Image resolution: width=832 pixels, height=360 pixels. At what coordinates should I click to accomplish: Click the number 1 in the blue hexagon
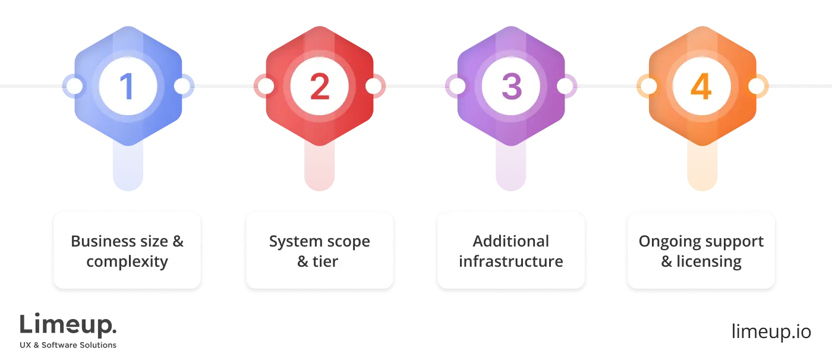[127, 87]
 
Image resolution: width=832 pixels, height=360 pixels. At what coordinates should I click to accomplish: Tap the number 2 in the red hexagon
[319, 87]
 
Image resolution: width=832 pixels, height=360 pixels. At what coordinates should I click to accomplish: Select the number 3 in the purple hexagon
[511, 87]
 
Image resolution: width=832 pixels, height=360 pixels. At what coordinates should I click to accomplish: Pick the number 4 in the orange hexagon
[701, 87]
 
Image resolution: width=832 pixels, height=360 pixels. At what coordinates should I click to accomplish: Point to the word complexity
[127, 261]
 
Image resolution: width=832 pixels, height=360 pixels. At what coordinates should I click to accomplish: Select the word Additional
[511, 241]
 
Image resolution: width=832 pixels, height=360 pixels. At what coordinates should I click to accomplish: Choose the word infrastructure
[511, 261]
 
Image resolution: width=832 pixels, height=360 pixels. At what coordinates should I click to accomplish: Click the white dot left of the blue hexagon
[74, 87]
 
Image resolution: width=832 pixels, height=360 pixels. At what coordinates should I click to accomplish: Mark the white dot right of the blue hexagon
[182, 87]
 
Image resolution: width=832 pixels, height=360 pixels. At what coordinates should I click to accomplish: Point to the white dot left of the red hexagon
[266, 87]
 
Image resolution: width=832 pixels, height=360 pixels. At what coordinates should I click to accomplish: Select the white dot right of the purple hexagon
[565, 87]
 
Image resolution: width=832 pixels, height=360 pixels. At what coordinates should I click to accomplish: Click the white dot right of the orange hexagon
[756, 87]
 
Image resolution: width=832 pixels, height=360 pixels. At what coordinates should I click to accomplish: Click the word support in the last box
[735, 241]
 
